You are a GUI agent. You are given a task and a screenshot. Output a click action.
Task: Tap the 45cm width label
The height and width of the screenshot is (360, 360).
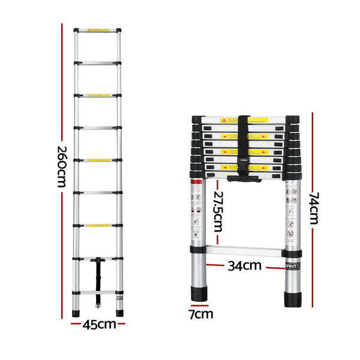[x=99, y=325]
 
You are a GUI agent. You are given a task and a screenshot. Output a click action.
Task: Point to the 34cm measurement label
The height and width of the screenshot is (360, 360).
[x=244, y=265]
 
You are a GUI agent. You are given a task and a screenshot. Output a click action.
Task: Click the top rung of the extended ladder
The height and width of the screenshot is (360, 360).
[x=98, y=30]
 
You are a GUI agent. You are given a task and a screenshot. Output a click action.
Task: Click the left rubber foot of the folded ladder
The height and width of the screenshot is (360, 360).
[x=200, y=294]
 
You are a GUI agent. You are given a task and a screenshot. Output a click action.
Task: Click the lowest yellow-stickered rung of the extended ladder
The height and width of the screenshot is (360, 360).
[x=98, y=226]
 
